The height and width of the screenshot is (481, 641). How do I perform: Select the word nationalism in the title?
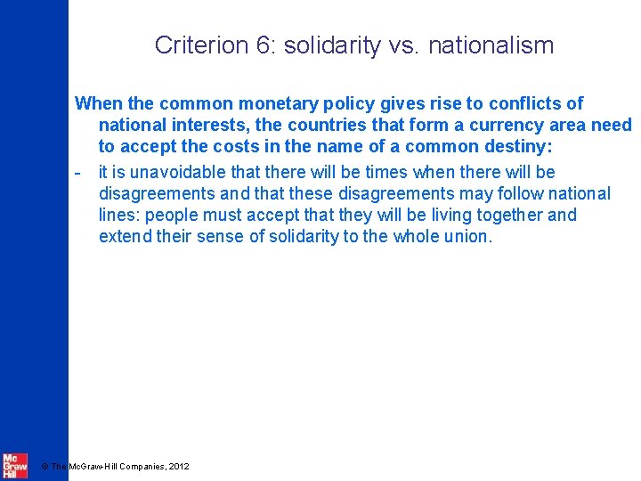(491, 45)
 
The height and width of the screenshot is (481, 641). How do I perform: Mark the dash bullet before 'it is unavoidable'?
(79, 171)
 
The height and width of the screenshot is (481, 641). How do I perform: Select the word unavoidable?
(174, 172)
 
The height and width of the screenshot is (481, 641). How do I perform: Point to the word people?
(185, 215)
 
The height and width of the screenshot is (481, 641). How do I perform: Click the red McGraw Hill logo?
(14, 466)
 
